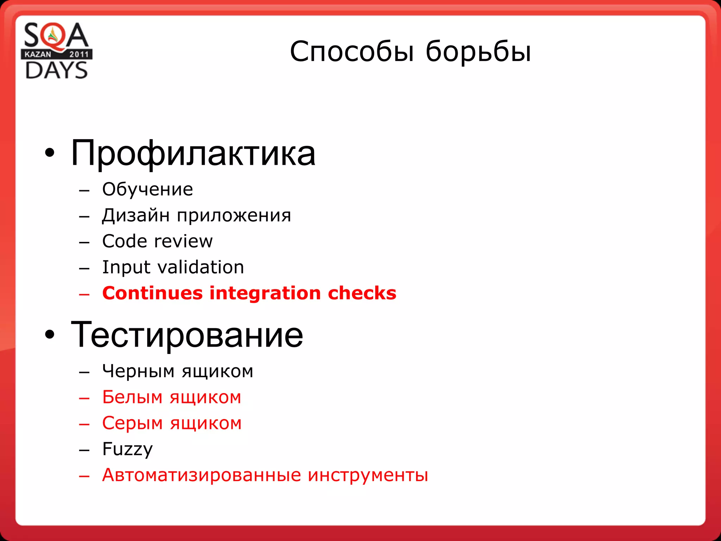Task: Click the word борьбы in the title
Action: click(x=478, y=52)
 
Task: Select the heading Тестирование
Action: click(x=187, y=335)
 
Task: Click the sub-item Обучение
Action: click(x=148, y=189)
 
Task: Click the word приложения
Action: click(x=234, y=216)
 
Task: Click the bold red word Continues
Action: click(x=152, y=293)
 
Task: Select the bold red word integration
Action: click(x=265, y=293)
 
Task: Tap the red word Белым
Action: click(x=132, y=397)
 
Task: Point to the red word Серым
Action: click(x=132, y=423)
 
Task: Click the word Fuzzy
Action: click(x=127, y=449)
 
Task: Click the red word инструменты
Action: click(x=368, y=475)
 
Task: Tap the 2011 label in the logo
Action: click(x=79, y=54)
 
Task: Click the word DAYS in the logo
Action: click(x=56, y=70)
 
